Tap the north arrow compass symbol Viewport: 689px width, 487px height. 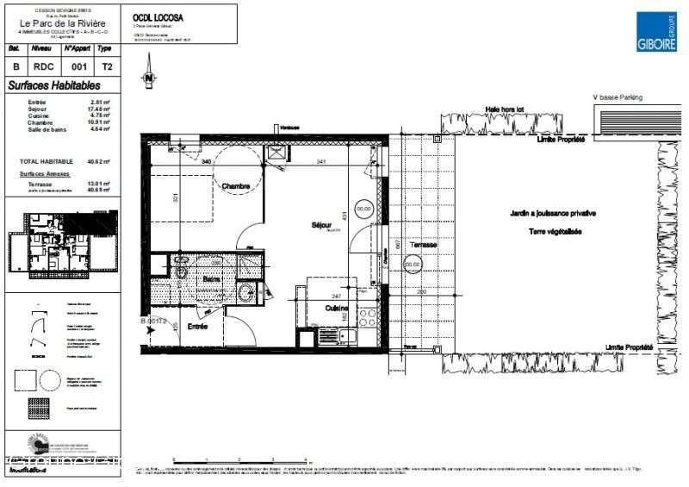150,76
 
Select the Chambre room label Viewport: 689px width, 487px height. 235,186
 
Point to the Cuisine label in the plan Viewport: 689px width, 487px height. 337,308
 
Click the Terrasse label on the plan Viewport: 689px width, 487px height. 423,245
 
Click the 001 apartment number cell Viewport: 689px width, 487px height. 78,66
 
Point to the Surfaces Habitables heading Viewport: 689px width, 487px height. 53,85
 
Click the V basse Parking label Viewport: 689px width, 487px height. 618,97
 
